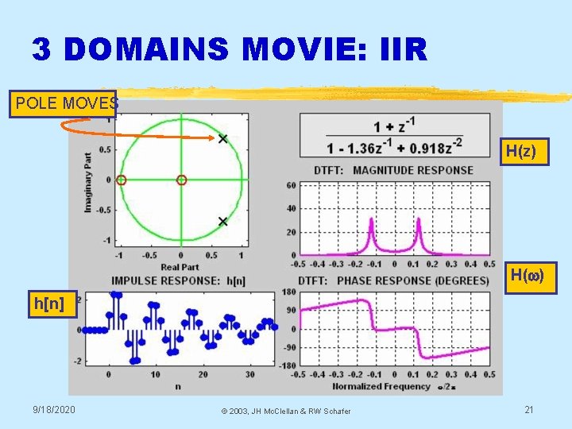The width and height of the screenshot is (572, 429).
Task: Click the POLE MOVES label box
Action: tap(64, 103)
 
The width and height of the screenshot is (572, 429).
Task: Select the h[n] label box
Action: tap(49, 303)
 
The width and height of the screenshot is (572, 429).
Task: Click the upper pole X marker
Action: tap(222, 139)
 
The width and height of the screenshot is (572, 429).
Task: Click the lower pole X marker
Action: tap(222, 221)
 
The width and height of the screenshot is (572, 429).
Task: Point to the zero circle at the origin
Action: tap(181, 180)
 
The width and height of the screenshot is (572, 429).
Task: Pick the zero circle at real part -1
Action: tap(121, 180)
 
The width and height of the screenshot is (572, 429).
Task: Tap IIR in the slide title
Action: tap(404, 50)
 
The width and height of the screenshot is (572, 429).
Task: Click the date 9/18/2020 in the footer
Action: tap(54, 409)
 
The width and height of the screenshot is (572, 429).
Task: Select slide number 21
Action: tap(528, 409)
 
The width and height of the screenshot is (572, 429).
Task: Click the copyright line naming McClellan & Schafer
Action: tap(285, 410)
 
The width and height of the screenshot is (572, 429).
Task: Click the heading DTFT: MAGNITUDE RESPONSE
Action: tap(393, 170)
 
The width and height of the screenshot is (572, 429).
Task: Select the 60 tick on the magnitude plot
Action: tap(292, 185)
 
